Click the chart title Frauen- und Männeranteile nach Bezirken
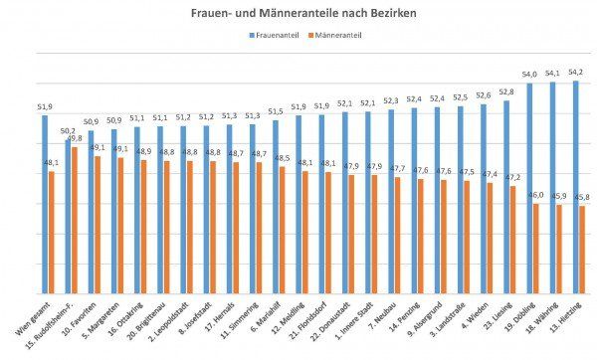[x=298, y=13]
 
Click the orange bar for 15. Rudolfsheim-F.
[x=75, y=219]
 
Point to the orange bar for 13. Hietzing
[x=582, y=249]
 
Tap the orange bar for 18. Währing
[x=559, y=248]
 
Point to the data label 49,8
[x=76, y=139]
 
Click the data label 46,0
[x=537, y=196]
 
